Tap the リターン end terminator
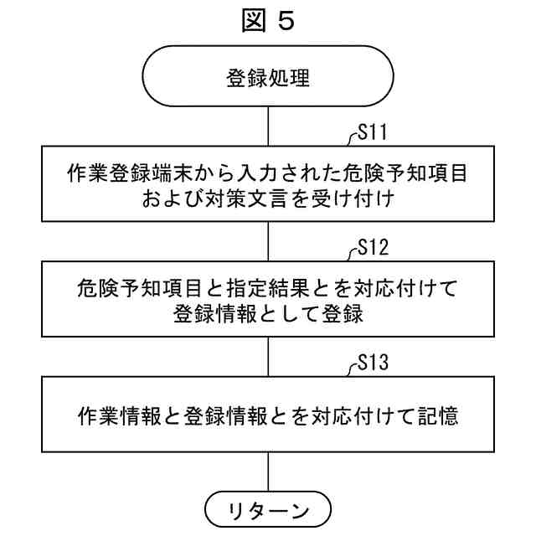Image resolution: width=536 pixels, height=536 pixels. coord(268,509)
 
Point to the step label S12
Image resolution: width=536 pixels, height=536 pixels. coord(370,247)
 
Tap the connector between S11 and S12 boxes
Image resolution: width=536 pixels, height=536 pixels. coord(268,241)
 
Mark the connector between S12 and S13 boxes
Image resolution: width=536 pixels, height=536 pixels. coord(268,355)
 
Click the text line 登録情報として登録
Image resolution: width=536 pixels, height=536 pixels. coord(268,312)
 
